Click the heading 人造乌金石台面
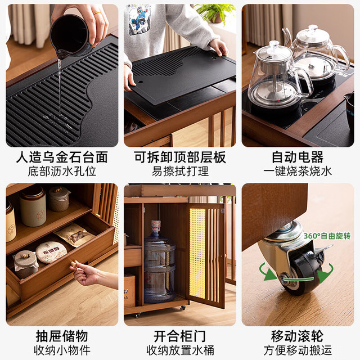(62, 157)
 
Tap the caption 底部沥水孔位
(62, 171)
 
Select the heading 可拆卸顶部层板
(180, 157)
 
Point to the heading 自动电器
(298, 157)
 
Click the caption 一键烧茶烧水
(298, 171)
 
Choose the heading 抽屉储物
(62, 336)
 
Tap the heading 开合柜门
(180, 336)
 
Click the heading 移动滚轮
(298, 336)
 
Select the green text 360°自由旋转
(327, 236)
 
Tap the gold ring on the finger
(97, 13)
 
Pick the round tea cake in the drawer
(51, 252)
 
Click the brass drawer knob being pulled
(74, 264)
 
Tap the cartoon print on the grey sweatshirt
(139, 20)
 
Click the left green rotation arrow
(266, 272)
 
